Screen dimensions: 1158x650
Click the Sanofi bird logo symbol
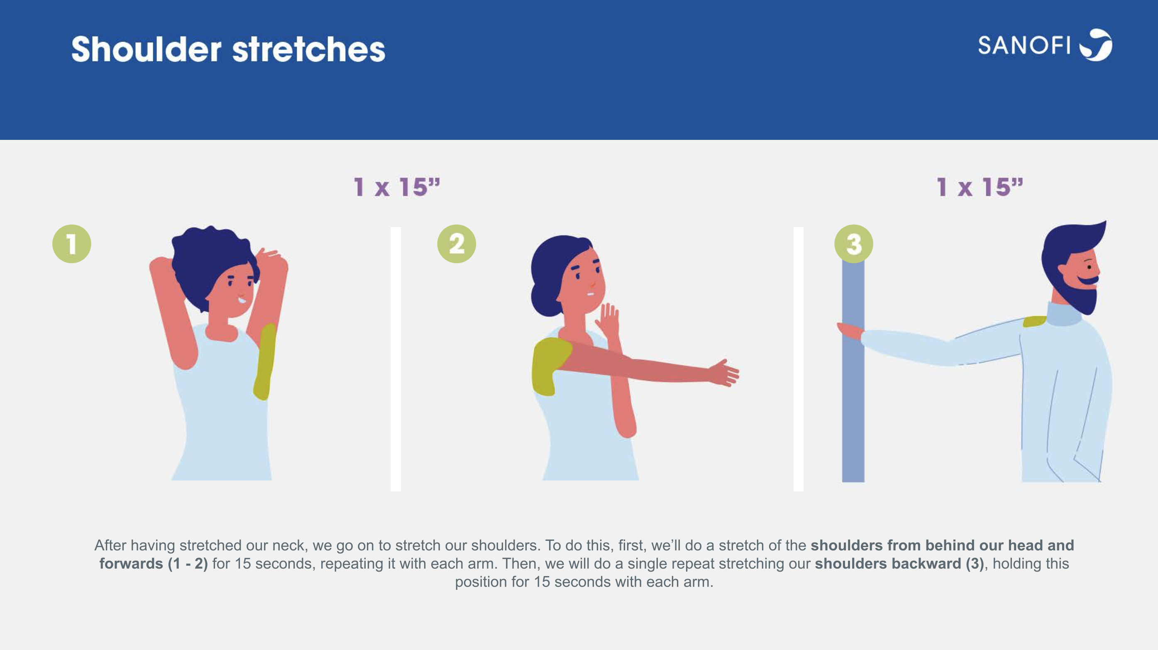(x=1097, y=44)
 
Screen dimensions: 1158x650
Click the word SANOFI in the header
(x=1024, y=45)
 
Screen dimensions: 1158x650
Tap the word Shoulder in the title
(x=146, y=49)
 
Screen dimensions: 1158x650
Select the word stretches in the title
(x=309, y=49)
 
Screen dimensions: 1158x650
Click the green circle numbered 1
(x=72, y=244)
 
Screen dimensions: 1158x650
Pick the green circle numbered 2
(x=457, y=244)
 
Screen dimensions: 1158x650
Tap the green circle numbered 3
(x=854, y=244)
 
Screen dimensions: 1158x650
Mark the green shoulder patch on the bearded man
(x=1035, y=321)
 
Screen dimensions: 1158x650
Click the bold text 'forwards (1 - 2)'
(x=154, y=564)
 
